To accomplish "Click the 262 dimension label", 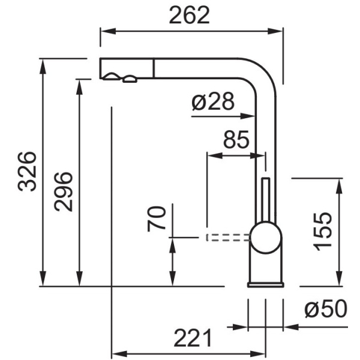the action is (190, 15).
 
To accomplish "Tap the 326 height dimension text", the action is (27, 172).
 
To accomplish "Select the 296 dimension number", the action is (64, 192).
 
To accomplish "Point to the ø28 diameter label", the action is (213, 101).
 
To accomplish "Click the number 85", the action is (236, 139).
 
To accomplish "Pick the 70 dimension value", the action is (157, 219).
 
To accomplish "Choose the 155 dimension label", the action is (323, 232).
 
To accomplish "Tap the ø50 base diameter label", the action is (326, 309).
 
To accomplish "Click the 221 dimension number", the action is (193, 338).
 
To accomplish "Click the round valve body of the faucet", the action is (266, 238).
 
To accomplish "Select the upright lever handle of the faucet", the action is (266, 200).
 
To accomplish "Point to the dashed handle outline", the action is (227, 238).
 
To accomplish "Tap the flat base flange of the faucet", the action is (266, 284).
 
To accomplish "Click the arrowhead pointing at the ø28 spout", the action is (247, 116).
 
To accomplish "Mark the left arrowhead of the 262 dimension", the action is (108, 31).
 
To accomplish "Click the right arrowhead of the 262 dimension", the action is (275, 31).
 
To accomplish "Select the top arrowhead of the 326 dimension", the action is (43, 67).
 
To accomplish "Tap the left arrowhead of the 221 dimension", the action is (119, 354).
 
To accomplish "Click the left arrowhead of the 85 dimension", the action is (215, 155).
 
